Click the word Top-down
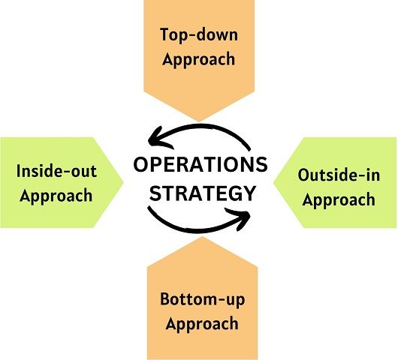click(199, 35)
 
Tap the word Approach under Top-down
click(199, 60)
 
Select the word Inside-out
click(56, 171)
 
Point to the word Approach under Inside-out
click(56, 196)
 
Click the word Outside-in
click(339, 175)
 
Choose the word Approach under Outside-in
click(339, 200)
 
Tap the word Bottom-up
click(203, 300)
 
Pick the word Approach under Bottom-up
click(202, 324)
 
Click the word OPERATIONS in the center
click(201, 164)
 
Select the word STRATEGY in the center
click(202, 193)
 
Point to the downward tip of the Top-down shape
click(199, 121)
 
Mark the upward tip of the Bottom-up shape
click(202, 237)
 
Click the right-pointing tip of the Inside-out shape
click(123, 181)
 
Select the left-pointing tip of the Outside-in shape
click(273, 182)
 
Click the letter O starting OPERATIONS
click(141, 164)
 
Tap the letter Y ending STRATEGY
click(249, 193)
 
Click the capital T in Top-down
click(165, 34)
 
